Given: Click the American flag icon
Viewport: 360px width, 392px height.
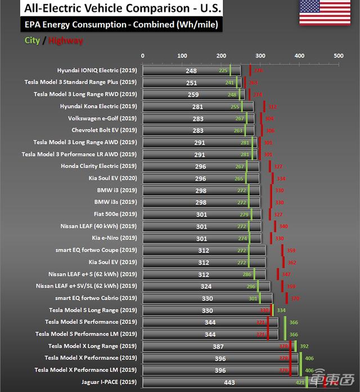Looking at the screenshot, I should (x=317, y=12).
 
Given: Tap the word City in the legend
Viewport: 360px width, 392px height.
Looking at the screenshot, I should (x=31, y=41).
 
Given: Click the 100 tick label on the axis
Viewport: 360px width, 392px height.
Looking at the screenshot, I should (x=182, y=56).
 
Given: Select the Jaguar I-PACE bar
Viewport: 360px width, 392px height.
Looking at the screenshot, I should (x=225, y=382).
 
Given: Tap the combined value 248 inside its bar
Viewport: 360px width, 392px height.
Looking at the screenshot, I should (x=191, y=71).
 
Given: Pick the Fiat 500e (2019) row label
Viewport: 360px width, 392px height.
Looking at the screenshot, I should (x=115, y=214).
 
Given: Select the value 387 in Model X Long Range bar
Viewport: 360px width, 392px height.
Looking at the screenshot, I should (x=218, y=346).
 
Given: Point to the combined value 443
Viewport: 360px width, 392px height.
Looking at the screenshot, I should (x=229, y=382).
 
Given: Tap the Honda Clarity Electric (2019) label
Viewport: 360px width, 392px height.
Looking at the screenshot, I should (x=98, y=166).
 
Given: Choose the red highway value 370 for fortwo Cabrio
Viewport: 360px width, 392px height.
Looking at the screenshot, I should (x=295, y=299).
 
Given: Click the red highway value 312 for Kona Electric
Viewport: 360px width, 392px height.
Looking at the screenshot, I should (x=272, y=106).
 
